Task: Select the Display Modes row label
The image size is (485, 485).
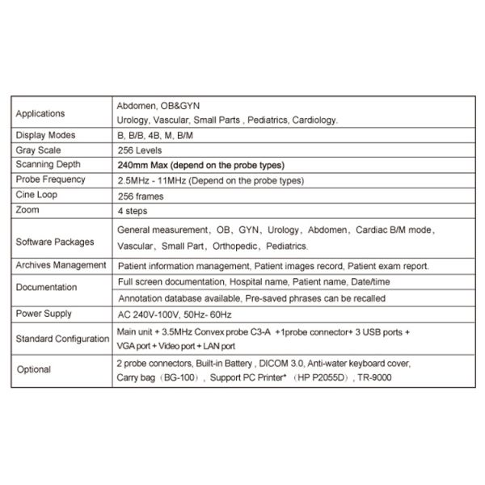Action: (45, 135)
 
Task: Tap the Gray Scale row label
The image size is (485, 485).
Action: (38, 150)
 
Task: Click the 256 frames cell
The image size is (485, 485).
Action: (141, 195)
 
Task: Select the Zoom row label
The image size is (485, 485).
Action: (27, 209)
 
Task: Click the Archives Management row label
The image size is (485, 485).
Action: (61, 264)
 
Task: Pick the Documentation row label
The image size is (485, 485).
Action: (46, 286)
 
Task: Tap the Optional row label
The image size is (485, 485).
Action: (33, 369)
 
